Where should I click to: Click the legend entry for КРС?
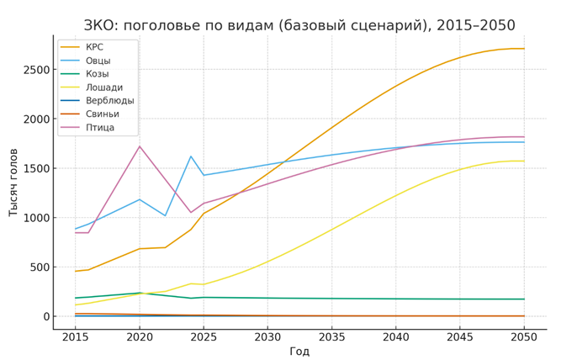94,47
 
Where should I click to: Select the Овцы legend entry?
98,61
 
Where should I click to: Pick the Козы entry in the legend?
97,74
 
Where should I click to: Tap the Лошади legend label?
103,87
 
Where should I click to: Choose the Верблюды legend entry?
109,101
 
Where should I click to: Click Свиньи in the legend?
102,114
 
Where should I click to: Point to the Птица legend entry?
99,128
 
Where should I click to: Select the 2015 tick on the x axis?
75,336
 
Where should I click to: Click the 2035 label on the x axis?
331,336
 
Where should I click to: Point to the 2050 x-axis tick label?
524,336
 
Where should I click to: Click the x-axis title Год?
299,351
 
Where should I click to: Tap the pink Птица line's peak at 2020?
139,146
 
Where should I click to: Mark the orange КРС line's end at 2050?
524,49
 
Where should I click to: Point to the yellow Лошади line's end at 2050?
524,161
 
